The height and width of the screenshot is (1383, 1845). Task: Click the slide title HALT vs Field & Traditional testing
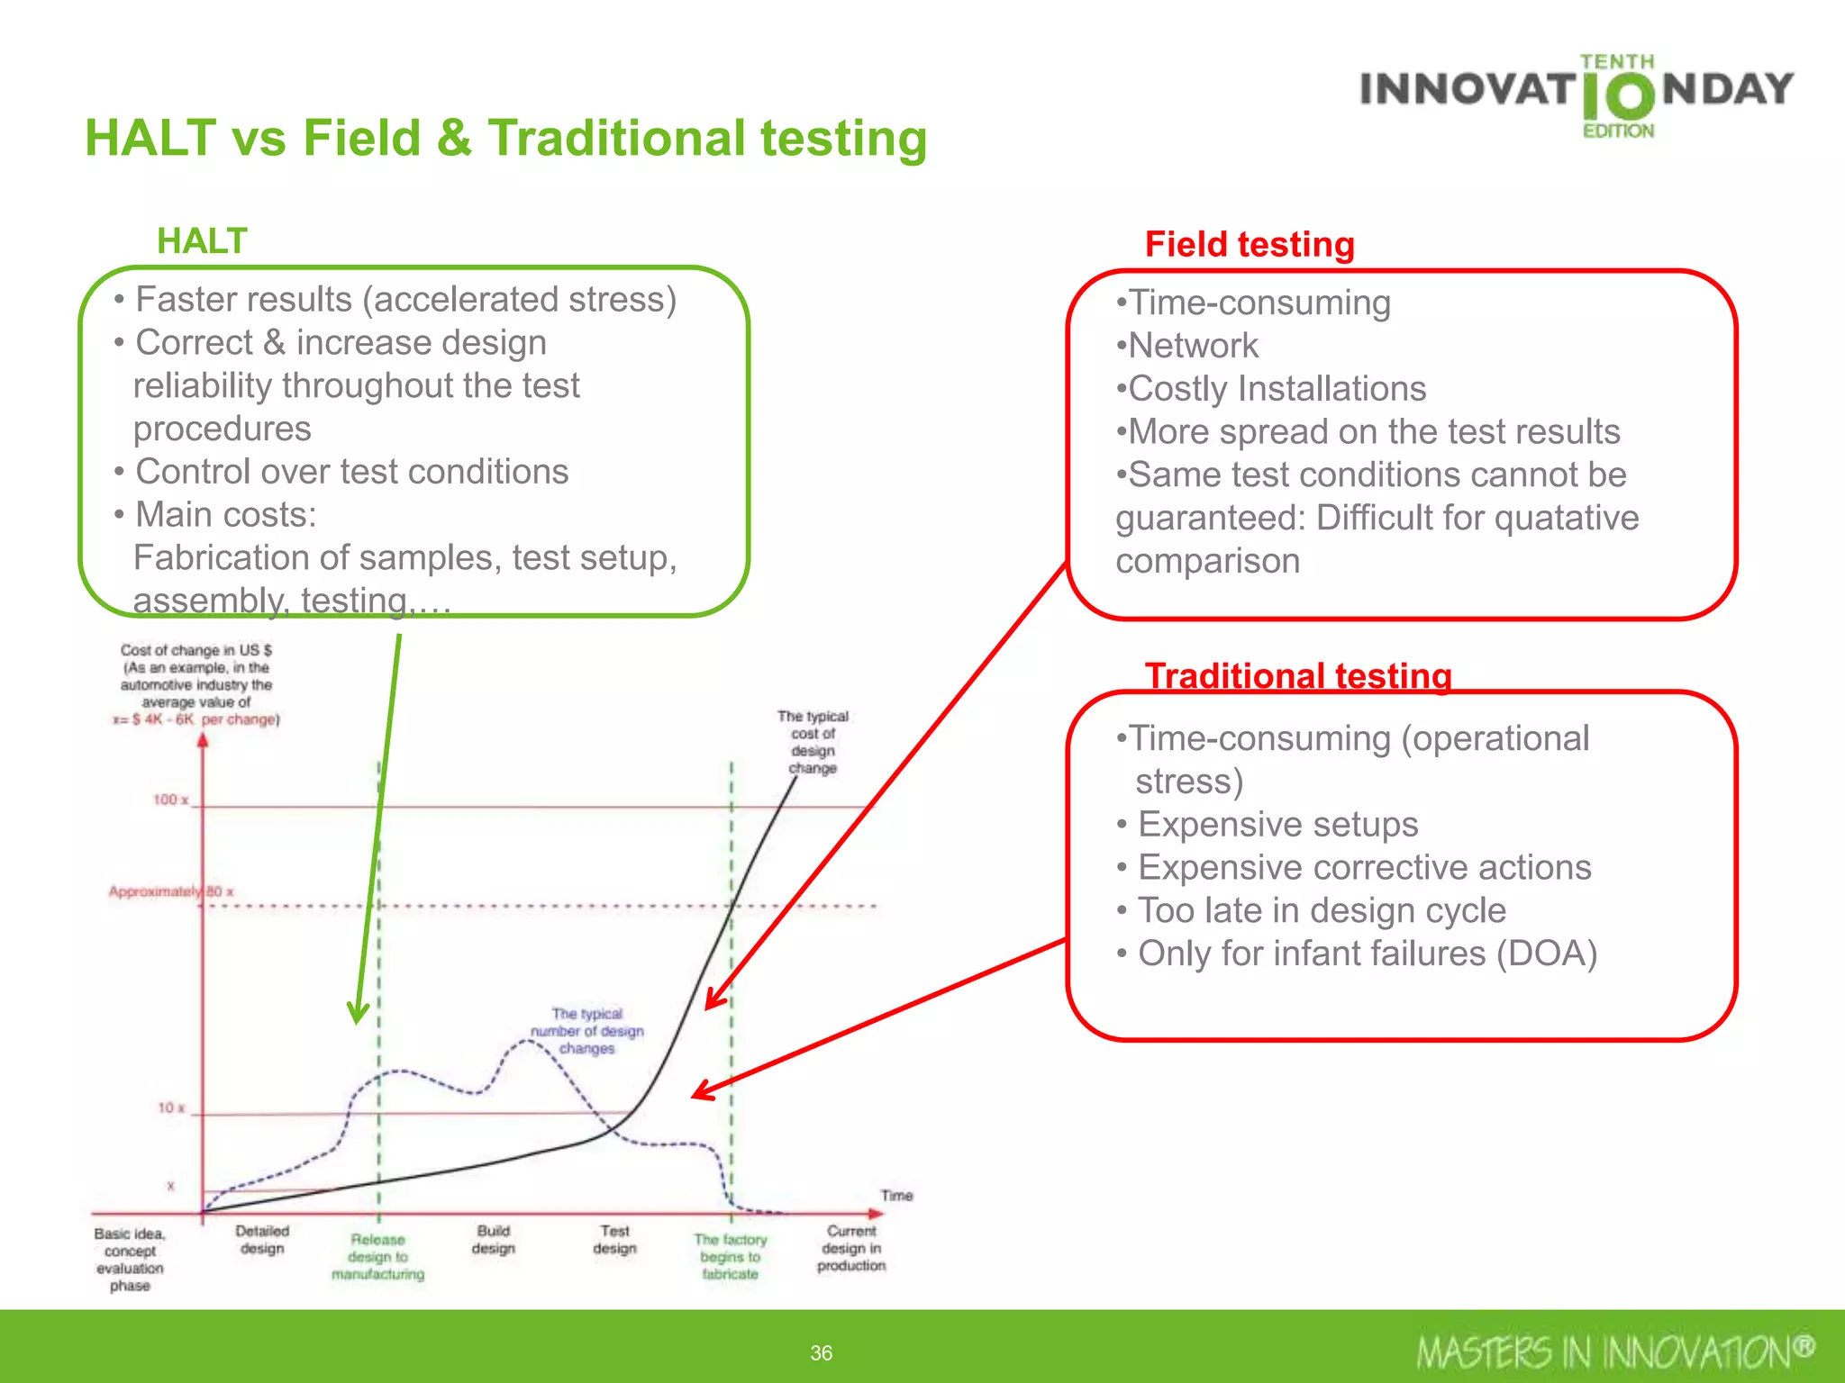505,139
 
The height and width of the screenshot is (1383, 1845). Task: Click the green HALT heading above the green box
202,241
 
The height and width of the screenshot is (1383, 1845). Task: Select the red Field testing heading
1250,245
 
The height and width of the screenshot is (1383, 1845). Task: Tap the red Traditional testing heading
1298,676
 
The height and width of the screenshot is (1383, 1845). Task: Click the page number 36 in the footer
821,1352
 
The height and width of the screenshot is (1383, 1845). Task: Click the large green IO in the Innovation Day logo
1618,97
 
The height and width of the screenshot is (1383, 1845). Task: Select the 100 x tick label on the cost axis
170,800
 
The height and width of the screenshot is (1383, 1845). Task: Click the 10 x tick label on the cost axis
171,1107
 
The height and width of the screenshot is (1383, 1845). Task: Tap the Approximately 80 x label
170,891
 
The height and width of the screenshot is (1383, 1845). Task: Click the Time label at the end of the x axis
896,1196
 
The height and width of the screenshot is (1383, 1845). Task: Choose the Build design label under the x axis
494,1240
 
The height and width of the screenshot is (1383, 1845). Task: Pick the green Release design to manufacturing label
377,1257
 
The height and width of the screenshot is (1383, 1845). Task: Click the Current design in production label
851,1248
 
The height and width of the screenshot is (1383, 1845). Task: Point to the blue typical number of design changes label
586,1031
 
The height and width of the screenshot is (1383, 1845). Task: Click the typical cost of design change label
813,742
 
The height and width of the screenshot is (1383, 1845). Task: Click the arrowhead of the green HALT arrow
358,1015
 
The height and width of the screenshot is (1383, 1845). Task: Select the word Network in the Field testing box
1193,346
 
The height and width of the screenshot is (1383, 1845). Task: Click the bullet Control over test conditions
351,472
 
